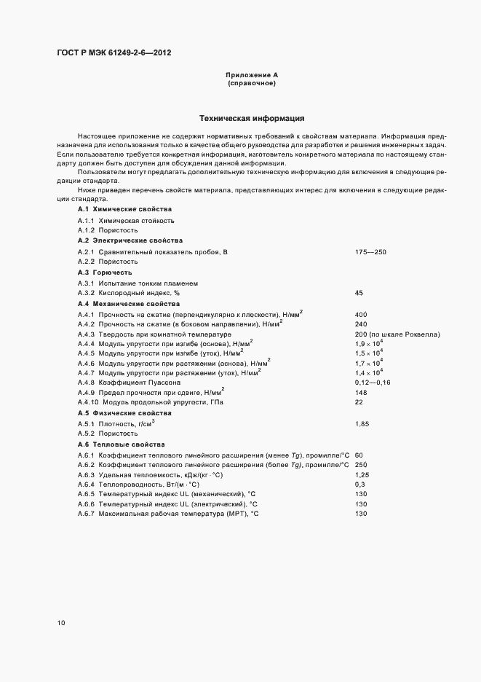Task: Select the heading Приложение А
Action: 252,75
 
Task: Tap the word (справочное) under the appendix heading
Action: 252,84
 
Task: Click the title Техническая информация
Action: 252,118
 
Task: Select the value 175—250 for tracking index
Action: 370,251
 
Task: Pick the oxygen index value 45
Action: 359,292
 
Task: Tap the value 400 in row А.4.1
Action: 361,314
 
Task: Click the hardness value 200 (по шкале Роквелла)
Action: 397,334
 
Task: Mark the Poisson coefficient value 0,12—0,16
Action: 373,382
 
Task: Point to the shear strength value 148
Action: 361,392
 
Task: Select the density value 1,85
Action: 362,423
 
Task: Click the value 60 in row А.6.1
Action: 359,455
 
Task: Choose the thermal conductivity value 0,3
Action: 359,484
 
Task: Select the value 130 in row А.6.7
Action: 361,514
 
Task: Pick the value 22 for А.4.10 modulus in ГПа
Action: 359,402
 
